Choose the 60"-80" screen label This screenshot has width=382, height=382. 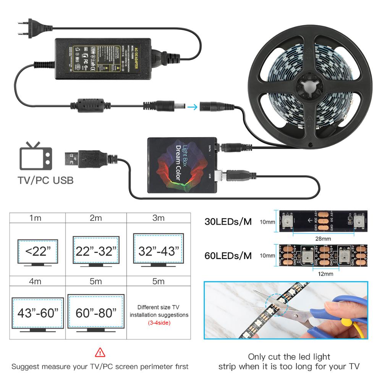(96, 313)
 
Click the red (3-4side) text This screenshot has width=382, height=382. (159, 323)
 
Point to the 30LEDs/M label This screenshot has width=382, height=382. (228, 222)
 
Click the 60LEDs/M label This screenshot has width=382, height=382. (228, 255)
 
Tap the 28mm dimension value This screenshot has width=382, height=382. (320, 239)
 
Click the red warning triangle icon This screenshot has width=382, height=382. (100, 352)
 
